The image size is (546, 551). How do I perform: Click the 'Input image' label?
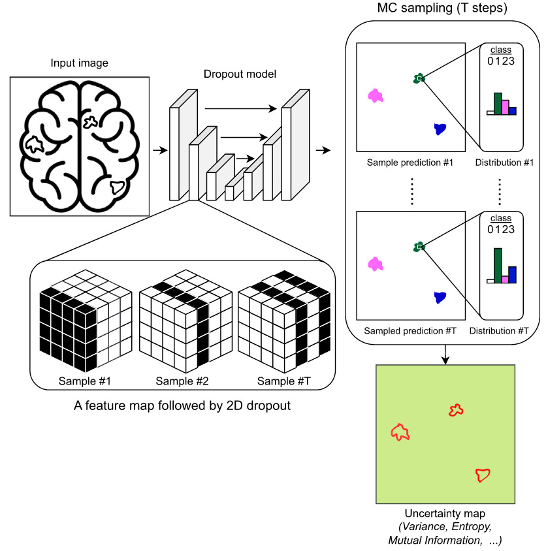79,63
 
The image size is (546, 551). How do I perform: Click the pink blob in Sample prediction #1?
375,96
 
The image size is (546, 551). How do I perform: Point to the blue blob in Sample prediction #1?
440,129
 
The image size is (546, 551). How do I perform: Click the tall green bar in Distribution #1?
498,104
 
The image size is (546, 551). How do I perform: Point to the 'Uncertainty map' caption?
445,514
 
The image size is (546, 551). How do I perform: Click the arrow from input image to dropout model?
157,151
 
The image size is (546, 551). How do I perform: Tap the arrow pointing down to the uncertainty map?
445,353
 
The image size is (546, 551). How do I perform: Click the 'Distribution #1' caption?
501,163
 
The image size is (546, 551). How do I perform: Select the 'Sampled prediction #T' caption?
410,331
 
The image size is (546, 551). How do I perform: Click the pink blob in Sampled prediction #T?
375,264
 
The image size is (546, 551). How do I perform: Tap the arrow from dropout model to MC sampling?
322,151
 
